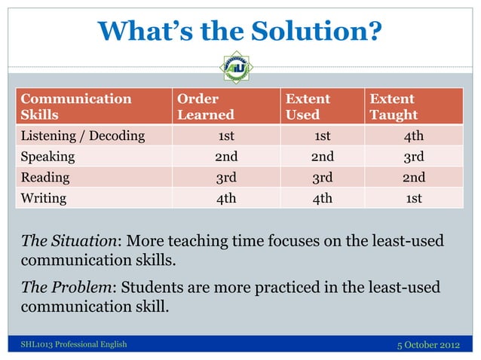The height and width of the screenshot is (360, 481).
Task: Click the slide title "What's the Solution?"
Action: pos(240,31)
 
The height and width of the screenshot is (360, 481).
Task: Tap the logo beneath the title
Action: pos(235,67)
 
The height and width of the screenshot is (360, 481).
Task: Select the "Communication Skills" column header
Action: pos(75,107)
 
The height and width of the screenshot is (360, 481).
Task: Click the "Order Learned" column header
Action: pos(205,107)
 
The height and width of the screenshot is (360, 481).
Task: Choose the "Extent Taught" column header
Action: pos(393,107)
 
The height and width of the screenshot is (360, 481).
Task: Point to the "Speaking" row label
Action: pos(47,157)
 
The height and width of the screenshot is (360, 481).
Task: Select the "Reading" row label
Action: pos(45,178)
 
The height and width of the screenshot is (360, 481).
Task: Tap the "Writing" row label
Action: pos(44,199)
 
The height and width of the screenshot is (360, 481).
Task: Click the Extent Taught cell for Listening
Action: pos(413,136)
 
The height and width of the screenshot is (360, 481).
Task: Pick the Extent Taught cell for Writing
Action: pos(413,199)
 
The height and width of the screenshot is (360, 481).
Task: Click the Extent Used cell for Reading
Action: pos(323,178)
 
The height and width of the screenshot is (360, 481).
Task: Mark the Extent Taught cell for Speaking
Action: pos(413,157)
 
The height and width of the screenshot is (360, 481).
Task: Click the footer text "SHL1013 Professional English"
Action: pos(74,345)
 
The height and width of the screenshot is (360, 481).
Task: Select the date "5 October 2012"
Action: pos(427,345)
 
